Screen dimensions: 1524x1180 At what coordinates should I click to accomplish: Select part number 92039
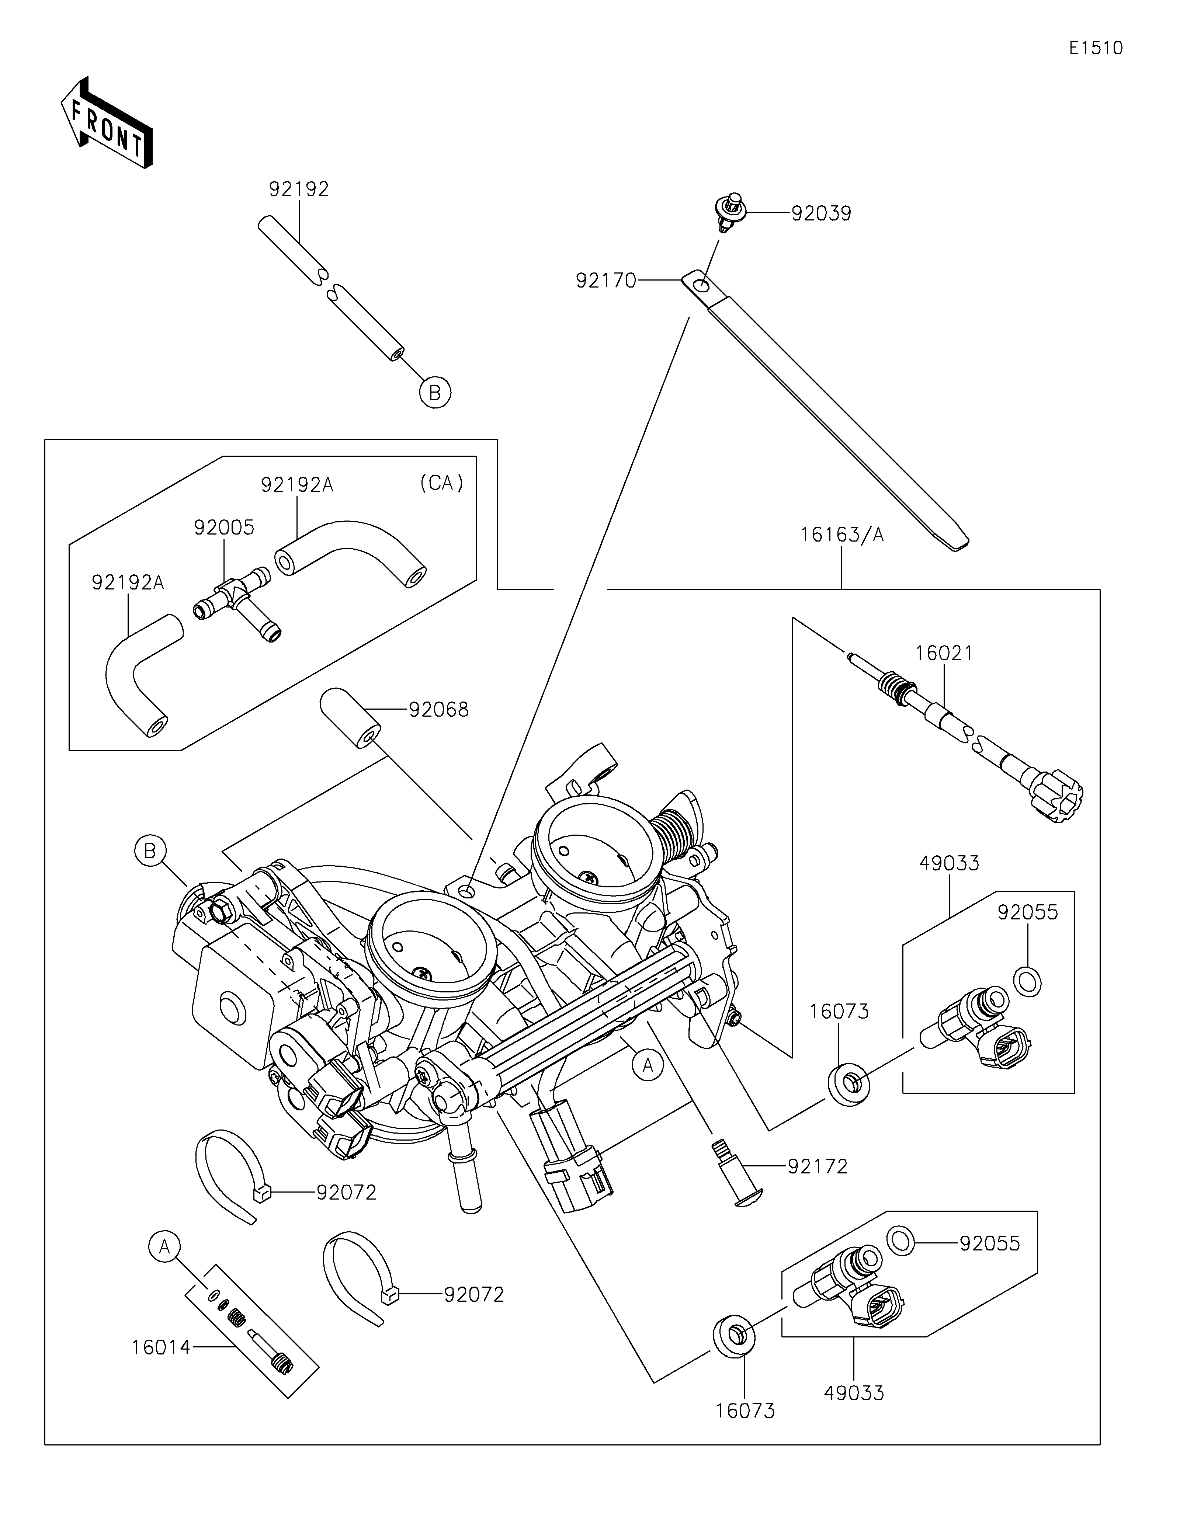pos(821,213)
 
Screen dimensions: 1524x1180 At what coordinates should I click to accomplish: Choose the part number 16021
pos(943,653)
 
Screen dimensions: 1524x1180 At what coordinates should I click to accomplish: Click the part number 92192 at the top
pos(299,189)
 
